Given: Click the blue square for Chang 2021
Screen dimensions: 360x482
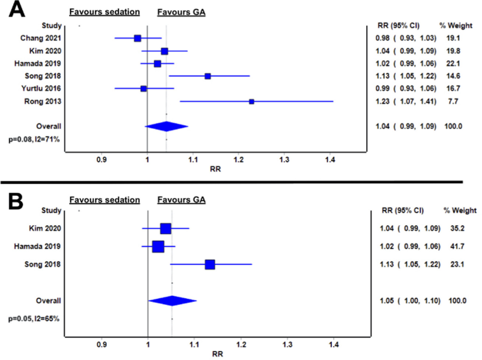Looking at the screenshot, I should point(138,38).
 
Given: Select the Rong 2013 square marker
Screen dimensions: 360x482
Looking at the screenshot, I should point(251,102).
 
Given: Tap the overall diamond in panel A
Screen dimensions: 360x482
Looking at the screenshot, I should point(166,126).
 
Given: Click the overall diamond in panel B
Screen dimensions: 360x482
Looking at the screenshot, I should point(172,301).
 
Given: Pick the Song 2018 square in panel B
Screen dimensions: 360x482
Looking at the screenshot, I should point(210,264).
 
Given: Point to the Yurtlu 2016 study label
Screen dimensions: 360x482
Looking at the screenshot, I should point(41,89).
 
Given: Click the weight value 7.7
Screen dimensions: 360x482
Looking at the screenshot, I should point(453,101).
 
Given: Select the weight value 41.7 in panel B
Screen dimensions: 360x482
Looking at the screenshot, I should point(457,246).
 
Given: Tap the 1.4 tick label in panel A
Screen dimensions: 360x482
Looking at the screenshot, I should point(330,160).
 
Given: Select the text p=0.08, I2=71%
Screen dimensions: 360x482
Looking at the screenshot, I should point(34,140).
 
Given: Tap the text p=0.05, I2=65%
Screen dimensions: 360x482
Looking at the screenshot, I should point(34,319).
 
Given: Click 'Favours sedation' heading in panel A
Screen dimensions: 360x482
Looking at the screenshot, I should point(105,12).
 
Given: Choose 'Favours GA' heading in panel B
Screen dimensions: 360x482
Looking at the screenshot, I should point(181,200).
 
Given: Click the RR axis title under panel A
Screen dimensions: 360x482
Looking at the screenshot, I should point(215,169).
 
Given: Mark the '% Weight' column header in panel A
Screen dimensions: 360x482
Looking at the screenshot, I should point(455,26).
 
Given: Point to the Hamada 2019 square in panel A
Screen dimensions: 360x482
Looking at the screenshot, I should point(158,64).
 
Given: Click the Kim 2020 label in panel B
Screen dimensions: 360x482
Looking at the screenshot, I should point(45,229).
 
